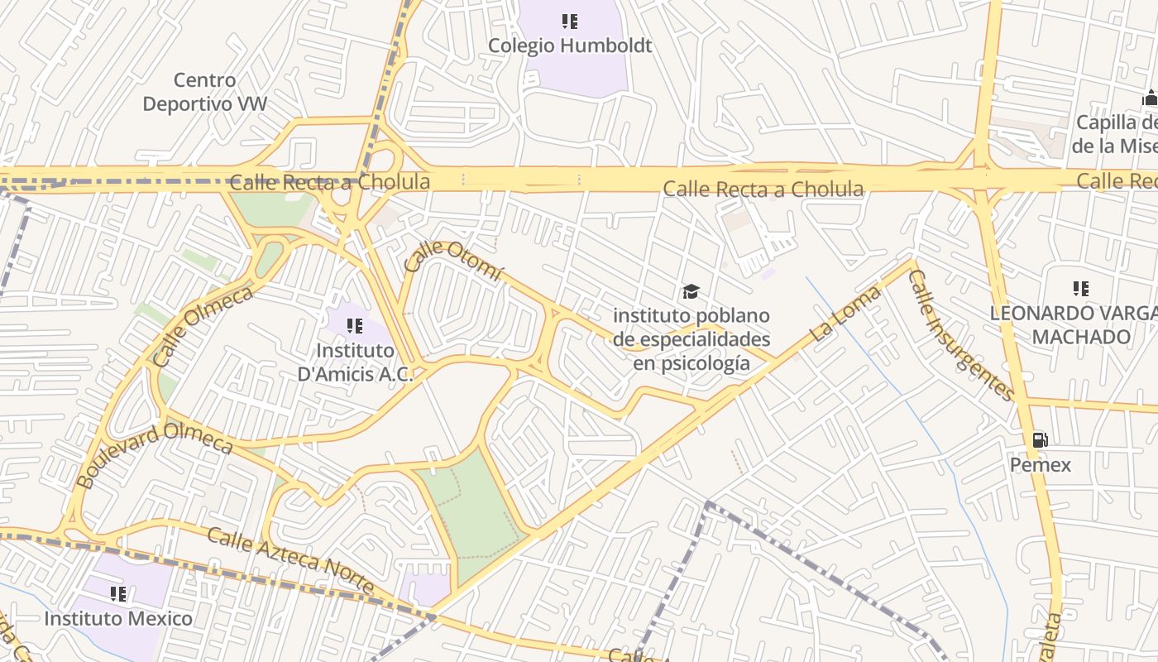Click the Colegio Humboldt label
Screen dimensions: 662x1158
click(x=570, y=46)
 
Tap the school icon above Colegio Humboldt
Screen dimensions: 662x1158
click(x=570, y=21)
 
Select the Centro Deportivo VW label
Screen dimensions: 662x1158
click(x=205, y=92)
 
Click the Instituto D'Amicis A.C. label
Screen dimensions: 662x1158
click(x=356, y=362)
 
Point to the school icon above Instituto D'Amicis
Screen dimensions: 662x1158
click(x=355, y=326)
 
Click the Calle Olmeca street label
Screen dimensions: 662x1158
click(x=202, y=327)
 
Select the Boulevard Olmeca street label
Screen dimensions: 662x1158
click(x=154, y=453)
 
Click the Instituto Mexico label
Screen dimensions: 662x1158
click(x=118, y=618)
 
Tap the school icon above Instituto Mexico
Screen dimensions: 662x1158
click(x=118, y=593)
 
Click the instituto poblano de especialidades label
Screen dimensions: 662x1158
click(x=691, y=339)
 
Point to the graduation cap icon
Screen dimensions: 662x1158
click(x=691, y=291)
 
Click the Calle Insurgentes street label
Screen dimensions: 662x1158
click(x=960, y=334)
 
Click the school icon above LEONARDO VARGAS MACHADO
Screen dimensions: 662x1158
click(x=1080, y=289)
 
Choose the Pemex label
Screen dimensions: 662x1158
click(x=1040, y=465)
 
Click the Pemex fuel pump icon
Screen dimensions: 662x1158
click(x=1041, y=439)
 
